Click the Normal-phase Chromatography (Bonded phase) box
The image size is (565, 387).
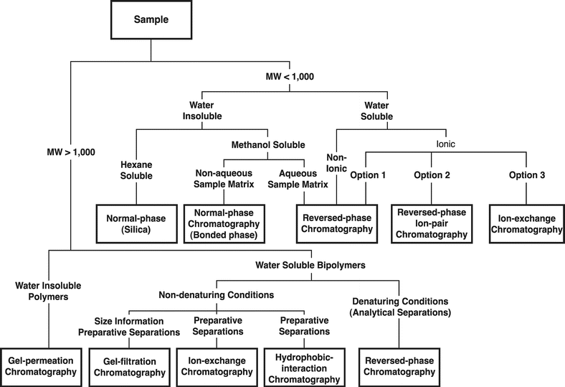coord(225,223)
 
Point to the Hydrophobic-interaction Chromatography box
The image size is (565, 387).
coord(300,366)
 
